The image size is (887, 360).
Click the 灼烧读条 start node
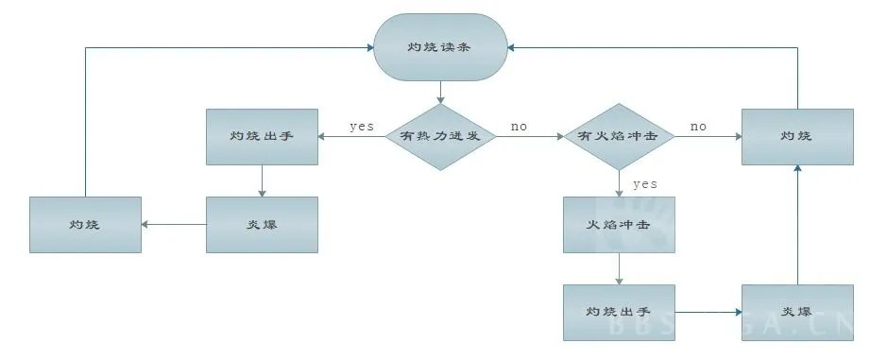[440, 46]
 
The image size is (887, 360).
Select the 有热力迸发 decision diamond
[441, 137]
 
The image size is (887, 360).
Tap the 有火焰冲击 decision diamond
[619, 137]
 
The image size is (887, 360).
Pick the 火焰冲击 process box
[619, 225]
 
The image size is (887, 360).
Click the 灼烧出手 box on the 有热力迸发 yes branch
[262, 137]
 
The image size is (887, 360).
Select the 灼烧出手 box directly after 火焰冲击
[619, 312]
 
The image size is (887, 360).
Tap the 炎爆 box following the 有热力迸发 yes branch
[262, 225]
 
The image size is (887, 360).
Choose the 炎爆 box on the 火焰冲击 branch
[798, 312]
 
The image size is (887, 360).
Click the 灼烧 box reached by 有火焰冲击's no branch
[798, 137]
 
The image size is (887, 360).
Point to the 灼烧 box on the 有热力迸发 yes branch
[85, 225]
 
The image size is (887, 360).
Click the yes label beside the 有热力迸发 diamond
[361, 127]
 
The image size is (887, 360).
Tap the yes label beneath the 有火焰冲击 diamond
[645, 183]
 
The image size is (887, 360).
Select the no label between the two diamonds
[520, 126]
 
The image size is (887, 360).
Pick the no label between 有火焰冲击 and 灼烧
[698, 126]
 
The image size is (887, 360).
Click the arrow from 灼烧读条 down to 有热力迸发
[441, 93]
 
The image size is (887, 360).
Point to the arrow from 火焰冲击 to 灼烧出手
[619, 268]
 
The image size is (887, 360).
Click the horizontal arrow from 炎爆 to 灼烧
[174, 225]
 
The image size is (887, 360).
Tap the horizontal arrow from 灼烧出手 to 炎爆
[708, 312]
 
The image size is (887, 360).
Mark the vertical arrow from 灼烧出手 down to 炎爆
[262, 181]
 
